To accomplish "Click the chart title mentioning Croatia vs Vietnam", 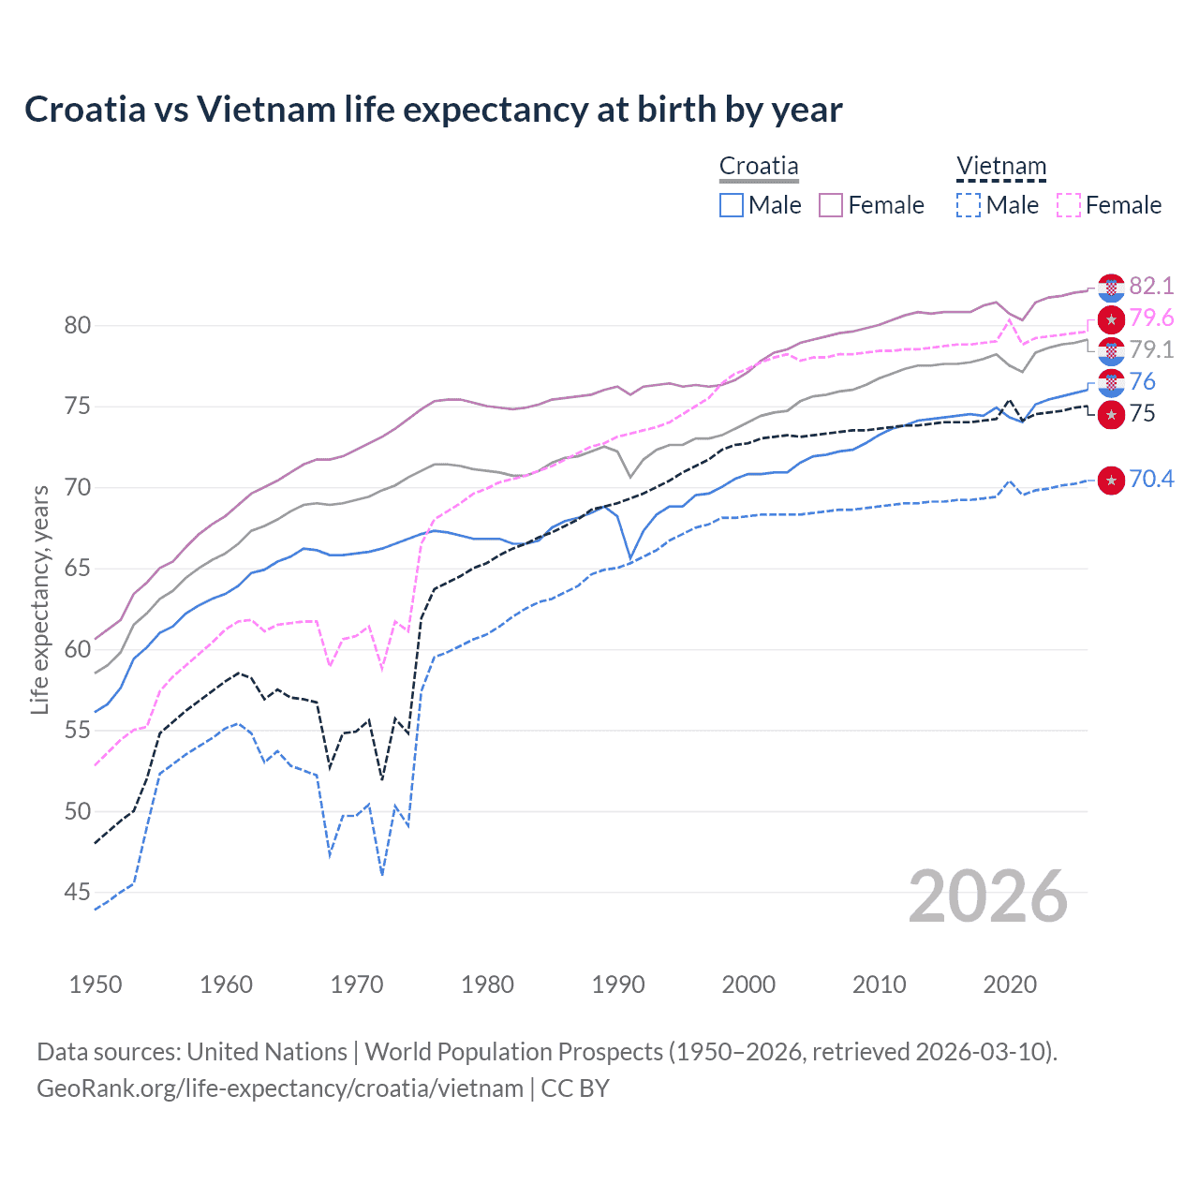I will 433,110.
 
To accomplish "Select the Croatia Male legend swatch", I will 732,205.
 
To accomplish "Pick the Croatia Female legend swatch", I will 831,205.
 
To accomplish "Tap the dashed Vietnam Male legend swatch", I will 969,205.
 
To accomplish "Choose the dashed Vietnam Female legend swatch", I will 1068,205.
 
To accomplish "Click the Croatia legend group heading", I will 759,167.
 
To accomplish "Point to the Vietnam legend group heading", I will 1000,167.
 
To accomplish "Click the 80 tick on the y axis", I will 78,326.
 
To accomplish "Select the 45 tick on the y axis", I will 78,893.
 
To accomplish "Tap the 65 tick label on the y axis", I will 78,569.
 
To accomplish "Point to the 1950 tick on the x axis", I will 96,984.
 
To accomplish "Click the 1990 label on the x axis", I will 618,984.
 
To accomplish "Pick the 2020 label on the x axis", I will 1010,984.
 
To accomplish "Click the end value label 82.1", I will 1151,286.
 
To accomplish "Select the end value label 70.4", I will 1151,480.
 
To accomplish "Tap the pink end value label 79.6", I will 1151,318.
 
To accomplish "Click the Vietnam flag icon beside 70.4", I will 1111,481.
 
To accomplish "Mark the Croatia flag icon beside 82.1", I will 1111,288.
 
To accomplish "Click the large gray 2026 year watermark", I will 988,897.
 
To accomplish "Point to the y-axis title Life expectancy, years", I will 39,599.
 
